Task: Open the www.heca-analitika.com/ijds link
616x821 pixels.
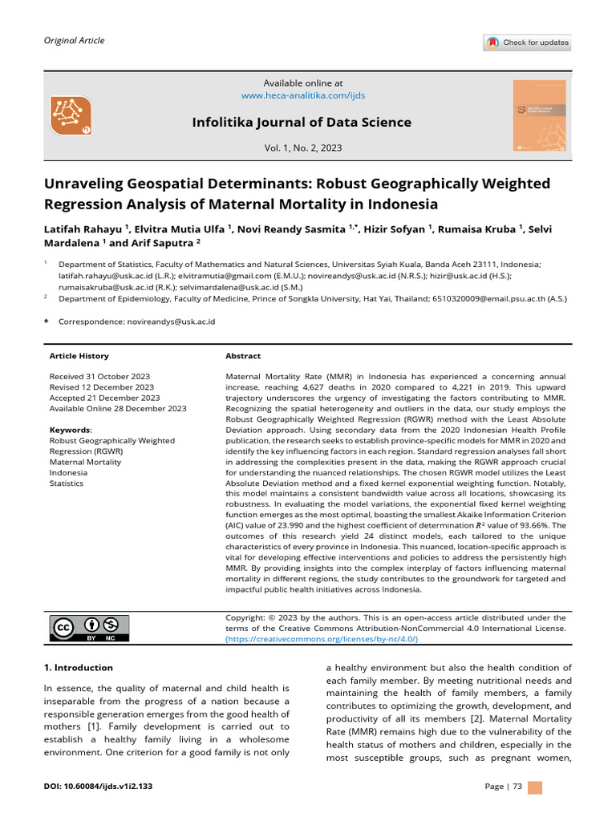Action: coord(302,95)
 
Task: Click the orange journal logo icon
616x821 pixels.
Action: coord(71,115)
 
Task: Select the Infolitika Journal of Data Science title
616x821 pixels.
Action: coord(302,122)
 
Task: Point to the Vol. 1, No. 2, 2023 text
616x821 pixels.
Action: coord(302,148)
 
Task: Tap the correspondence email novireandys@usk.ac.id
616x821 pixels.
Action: coord(171,322)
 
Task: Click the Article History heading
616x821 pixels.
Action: coord(79,356)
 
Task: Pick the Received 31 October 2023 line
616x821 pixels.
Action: coord(99,376)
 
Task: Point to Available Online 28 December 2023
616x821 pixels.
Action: coord(117,408)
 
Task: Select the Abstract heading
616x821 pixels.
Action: coord(243,356)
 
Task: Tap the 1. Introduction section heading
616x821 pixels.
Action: coord(78,667)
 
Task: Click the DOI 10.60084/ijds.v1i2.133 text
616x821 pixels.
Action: coord(98,787)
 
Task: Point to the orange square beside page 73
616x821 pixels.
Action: coord(535,787)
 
